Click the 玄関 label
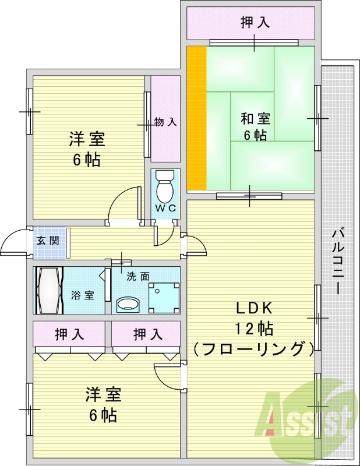(x=48, y=240)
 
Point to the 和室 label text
(x=255, y=119)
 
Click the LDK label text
(x=255, y=309)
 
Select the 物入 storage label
(x=165, y=122)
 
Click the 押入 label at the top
(x=255, y=23)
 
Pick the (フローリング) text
(x=254, y=349)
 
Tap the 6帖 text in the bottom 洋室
(x=102, y=415)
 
